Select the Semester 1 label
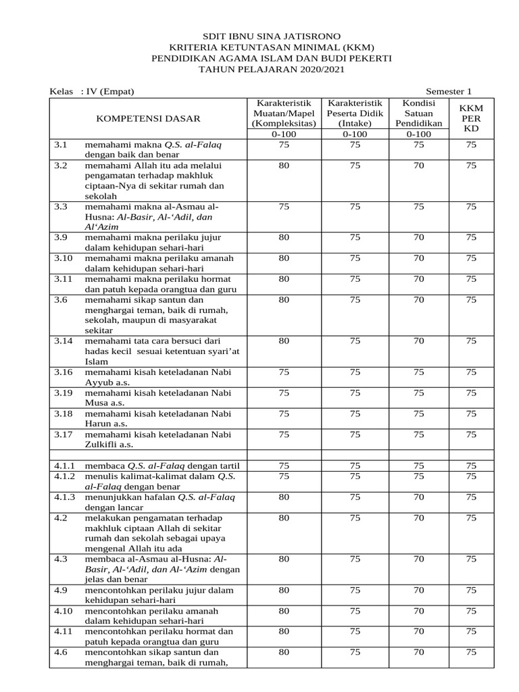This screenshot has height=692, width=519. point(449,91)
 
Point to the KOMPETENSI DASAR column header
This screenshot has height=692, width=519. point(149,118)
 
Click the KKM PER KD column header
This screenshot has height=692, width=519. point(471,118)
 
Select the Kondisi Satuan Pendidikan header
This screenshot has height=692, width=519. point(418,114)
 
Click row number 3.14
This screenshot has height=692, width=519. point(63,341)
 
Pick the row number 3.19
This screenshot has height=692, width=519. point(63,393)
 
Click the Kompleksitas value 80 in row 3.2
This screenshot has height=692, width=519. point(284,165)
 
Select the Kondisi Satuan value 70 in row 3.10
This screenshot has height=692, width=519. point(418,258)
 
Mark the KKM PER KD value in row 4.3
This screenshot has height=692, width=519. point(471,559)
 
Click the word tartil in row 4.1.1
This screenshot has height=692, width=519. point(228,466)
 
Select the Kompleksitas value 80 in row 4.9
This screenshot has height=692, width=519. point(284,590)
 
